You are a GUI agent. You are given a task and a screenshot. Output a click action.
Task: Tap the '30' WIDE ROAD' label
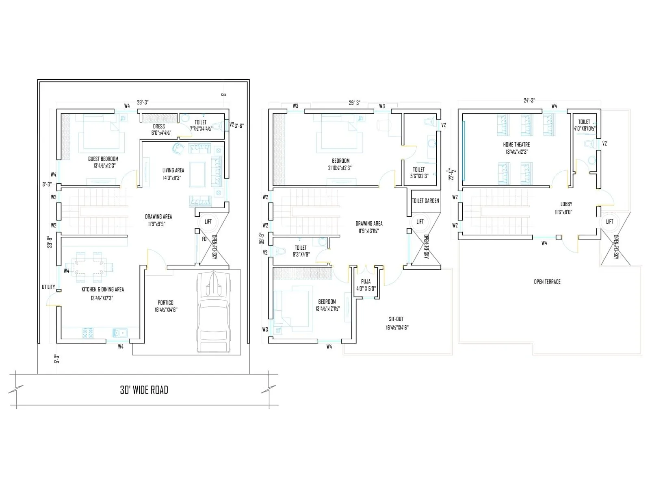point(144,390)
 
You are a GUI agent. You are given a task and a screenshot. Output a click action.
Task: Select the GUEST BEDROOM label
point(103,159)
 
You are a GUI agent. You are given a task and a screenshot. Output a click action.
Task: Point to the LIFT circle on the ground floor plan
point(208,222)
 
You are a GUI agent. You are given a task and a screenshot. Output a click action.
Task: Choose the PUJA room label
point(366,281)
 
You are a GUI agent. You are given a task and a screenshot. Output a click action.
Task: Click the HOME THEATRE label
point(516,144)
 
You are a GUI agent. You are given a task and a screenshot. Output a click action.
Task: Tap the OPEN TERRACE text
point(547,281)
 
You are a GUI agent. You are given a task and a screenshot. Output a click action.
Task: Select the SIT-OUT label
point(396,319)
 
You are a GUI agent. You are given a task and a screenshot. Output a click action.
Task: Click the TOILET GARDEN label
point(425,200)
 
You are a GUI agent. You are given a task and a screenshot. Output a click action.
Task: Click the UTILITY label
point(48,287)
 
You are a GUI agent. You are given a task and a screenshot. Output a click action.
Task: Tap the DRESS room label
point(159,126)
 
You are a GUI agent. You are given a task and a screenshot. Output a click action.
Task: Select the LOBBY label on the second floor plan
point(566,204)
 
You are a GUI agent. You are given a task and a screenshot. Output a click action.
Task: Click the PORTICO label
point(165,303)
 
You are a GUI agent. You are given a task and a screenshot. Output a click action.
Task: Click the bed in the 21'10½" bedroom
point(339,132)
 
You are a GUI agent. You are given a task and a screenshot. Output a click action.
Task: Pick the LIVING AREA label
point(173,170)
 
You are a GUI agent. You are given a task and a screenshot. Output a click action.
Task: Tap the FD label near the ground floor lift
point(204,239)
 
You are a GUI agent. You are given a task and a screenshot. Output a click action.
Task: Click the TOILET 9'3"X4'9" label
point(301,248)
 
